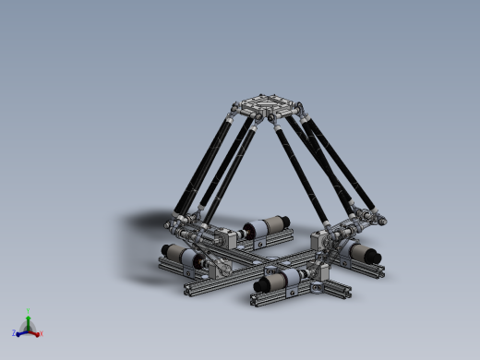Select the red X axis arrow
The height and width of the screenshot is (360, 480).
(x=36, y=332)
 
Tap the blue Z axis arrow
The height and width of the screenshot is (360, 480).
(x=21, y=332)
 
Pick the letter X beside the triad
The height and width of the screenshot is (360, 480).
(x=42, y=334)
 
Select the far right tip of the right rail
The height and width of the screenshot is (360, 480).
(x=381, y=271)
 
